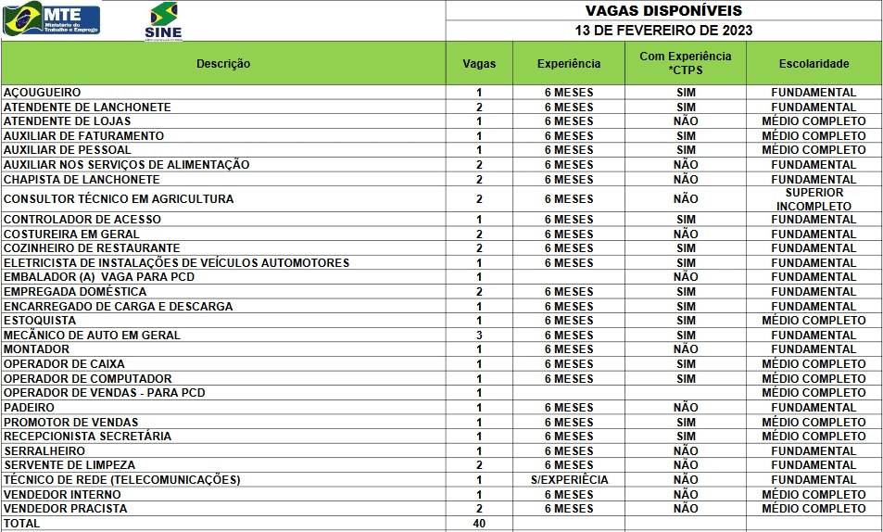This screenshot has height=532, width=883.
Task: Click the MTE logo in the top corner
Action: pos(52,19)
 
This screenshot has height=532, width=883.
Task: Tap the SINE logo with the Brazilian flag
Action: pos(163,21)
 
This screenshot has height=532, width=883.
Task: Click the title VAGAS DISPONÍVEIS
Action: pos(663,10)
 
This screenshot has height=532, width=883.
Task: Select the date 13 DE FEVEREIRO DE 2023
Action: pos(663,30)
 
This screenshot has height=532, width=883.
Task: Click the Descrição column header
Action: pos(223,64)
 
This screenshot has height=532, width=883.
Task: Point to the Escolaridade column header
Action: pos(814,64)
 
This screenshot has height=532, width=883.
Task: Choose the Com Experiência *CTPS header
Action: pos(685,63)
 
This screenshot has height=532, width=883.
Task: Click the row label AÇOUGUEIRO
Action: pos(43,93)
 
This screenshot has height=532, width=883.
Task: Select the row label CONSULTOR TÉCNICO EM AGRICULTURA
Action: pos(119,199)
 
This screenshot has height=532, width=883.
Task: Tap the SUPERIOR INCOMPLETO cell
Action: pos(814,199)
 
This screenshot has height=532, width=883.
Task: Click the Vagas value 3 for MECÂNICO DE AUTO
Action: pos(479,336)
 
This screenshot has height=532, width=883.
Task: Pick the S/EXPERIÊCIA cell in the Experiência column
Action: pos(569,480)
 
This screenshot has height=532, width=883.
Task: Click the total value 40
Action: pos(479,524)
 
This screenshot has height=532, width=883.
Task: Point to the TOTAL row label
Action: pos(22,524)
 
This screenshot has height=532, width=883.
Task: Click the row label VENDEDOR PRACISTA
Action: pos(66,509)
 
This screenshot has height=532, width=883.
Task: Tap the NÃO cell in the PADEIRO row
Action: pos(686,408)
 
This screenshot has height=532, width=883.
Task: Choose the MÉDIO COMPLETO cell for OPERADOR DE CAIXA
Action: pos(814,364)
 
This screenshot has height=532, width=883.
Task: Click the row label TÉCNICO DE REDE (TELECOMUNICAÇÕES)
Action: pos(122,480)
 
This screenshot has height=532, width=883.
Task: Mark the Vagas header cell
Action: pos(479,64)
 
